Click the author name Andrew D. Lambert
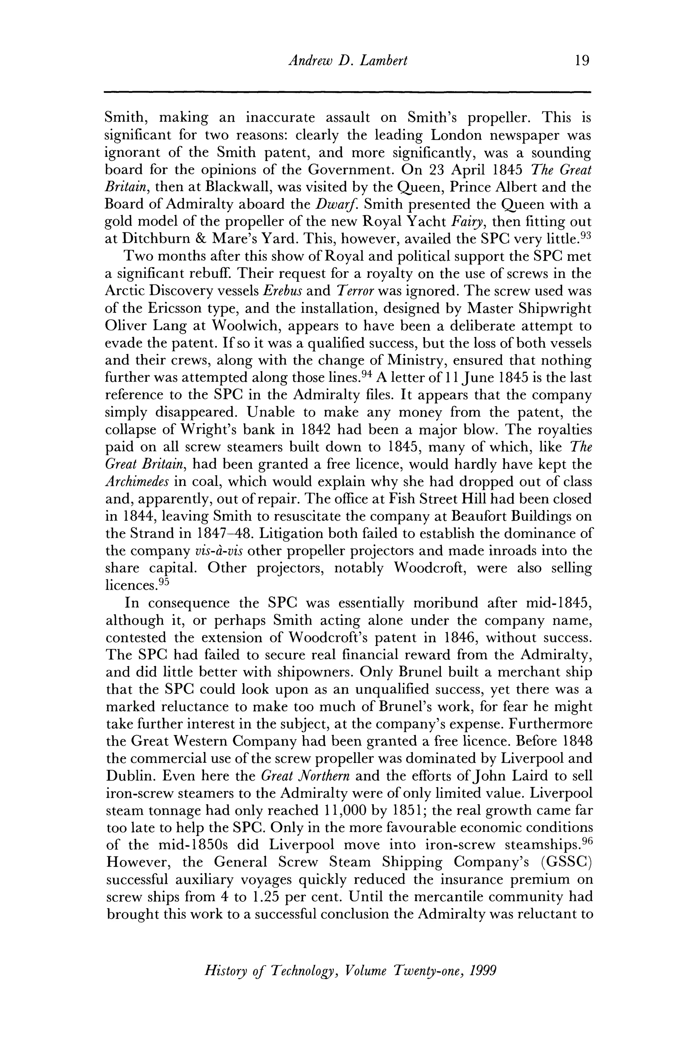(347, 60)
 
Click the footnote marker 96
(586, 841)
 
